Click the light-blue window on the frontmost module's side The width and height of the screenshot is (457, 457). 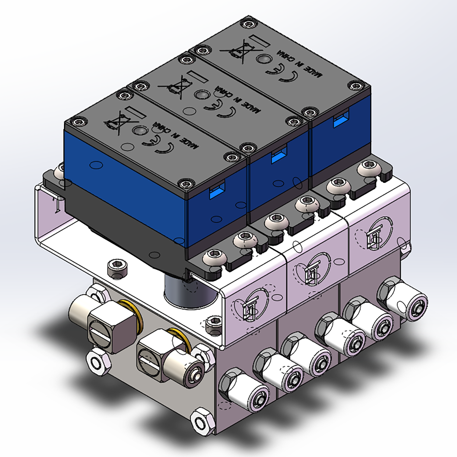coord(217,190)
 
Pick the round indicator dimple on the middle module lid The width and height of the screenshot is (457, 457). coord(201,95)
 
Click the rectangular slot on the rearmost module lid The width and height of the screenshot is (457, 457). coord(259,41)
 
